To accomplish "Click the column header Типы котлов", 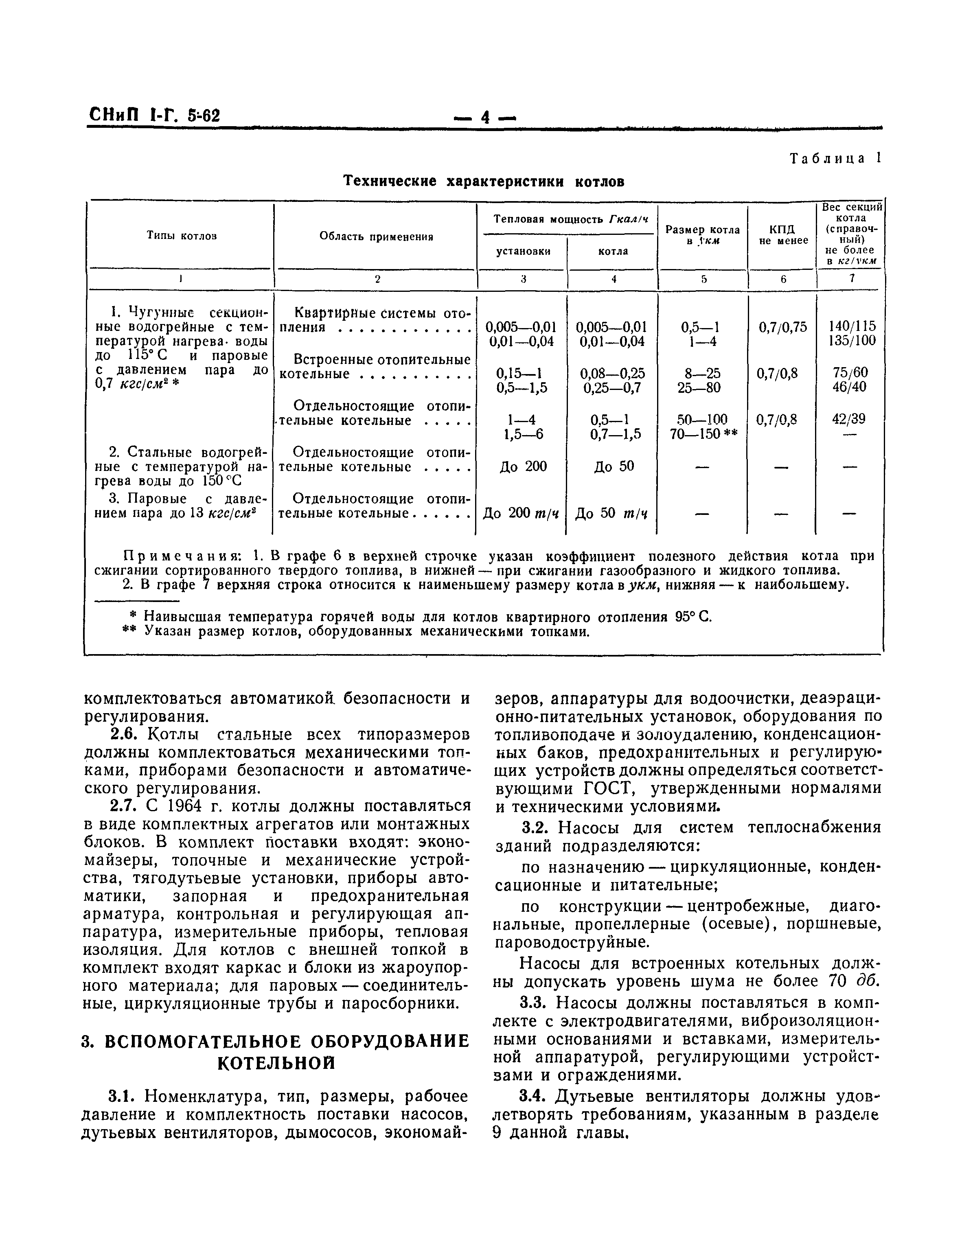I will [x=182, y=236].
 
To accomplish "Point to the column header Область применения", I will [x=376, y=236].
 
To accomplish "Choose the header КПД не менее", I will [x=783, y=235].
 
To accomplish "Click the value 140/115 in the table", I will [x=852, y=326].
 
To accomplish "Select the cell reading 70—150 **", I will [x=703, y=434].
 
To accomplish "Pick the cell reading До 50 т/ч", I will [x=611, y=513].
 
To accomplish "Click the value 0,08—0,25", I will [x=612, y=373].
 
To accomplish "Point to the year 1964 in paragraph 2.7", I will [x=183, y=806].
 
